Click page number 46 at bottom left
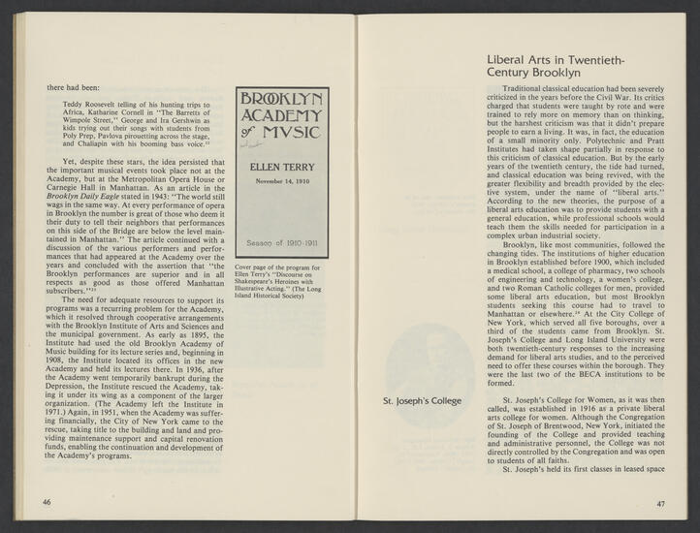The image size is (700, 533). pos(46,502)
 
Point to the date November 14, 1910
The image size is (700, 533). pos(281,181)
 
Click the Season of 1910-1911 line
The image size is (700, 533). pos(281,243)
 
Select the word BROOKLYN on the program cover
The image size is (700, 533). pos(281,99)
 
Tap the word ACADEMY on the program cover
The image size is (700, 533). pos(281,117)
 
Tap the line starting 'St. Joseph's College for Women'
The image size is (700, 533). pos(580,400)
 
